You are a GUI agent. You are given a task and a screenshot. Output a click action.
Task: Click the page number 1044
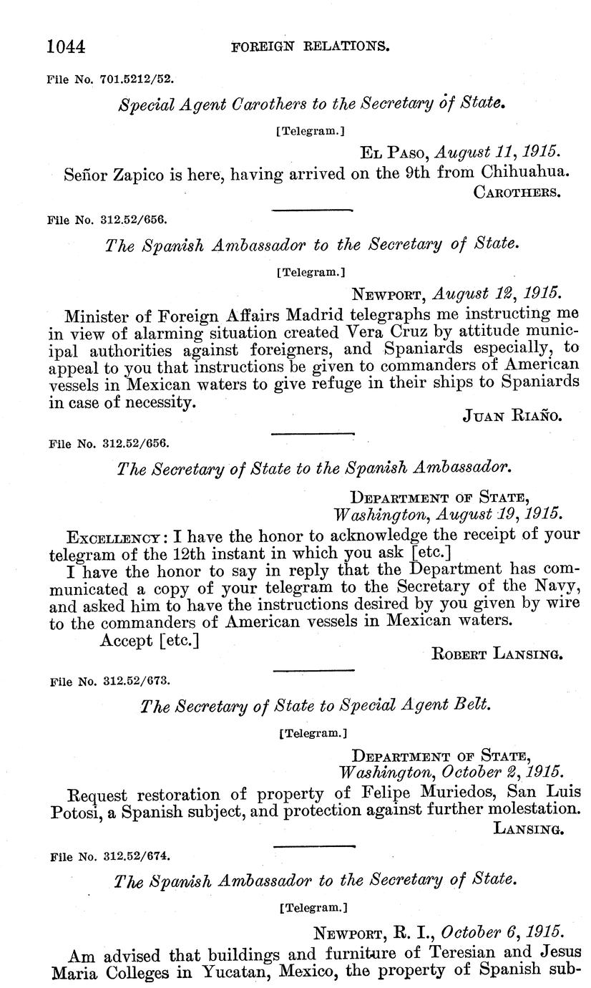coord(66,47)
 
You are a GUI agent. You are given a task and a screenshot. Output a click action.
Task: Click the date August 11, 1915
coord(497,152)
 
